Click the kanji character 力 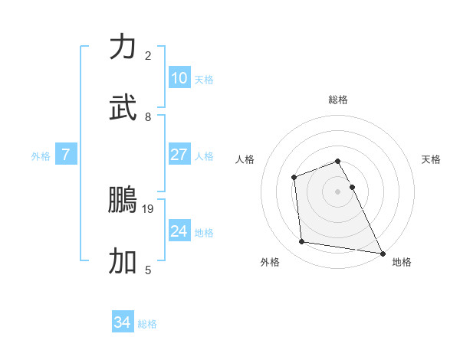(x=123, y=47)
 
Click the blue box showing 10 (x=179, y=78)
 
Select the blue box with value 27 (x=179, y=155)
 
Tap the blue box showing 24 (x=179, y=231)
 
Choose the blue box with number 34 (x=123, y=323)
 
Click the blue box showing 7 (x=66, y=155)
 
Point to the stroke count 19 (x=149, y=208)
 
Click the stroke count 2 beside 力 (x=148, y=55)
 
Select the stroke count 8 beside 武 (x=148, y=116)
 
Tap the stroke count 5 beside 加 (x=148, y=270)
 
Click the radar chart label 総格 (x=338, y=100)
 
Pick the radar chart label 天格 (x=431, y=159)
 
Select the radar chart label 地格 (x=402, y=262)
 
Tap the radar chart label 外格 (x=270, y=262)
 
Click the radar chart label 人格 (x=245, y=159)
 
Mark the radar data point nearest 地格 (x=383, y=253)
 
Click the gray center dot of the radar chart (x=338, y=191)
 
